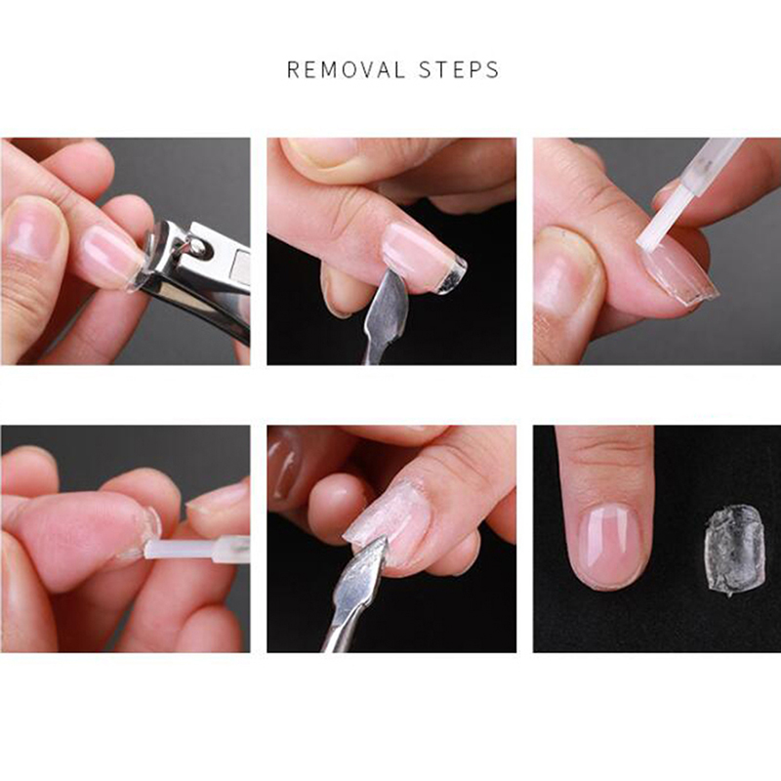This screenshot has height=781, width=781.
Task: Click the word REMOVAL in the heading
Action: point(347,69)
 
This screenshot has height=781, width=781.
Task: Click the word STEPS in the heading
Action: point(459,69)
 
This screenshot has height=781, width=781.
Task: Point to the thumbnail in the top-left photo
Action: point(32,229)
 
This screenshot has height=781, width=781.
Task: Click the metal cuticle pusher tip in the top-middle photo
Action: point(390,304)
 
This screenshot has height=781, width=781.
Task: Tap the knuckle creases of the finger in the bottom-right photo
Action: point(604,451)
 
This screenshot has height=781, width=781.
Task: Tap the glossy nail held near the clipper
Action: point(104,256)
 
